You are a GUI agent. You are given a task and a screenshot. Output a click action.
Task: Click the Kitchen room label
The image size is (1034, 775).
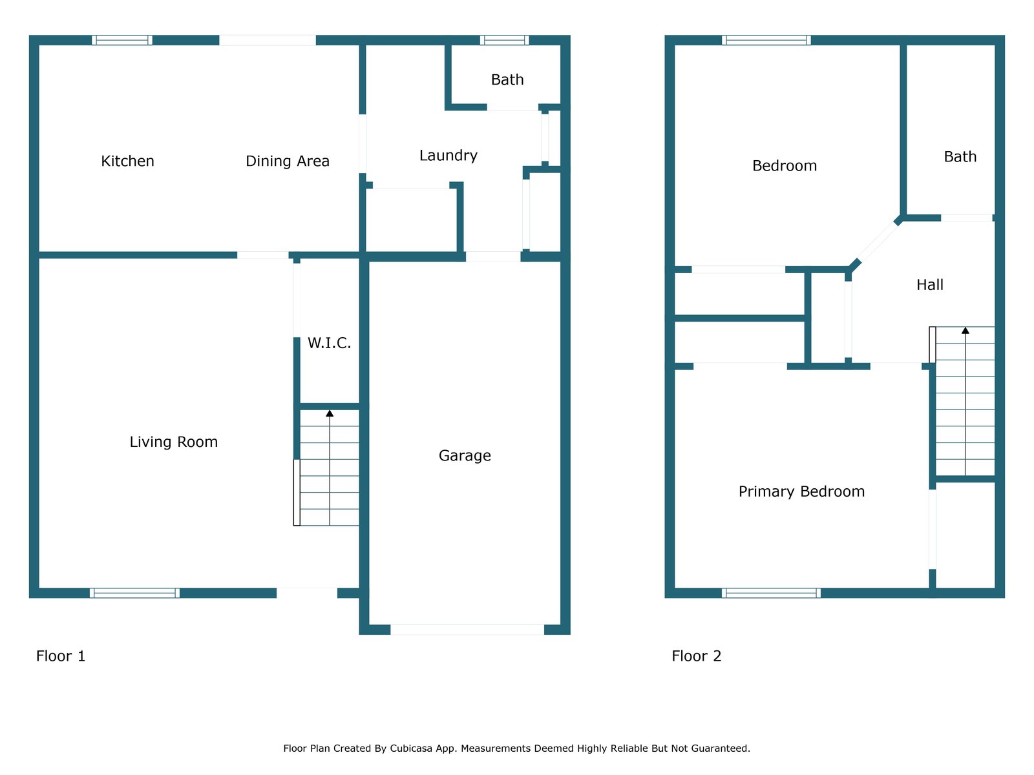point(127,161)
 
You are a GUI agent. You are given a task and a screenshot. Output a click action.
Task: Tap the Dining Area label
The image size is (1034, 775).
point(288,161)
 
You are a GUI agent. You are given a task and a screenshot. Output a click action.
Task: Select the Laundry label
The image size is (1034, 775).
point(448,155)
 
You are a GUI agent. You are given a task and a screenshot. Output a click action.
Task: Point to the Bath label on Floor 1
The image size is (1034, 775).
point(507,79)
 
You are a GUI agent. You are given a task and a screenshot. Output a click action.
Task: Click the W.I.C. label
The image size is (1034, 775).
point(329,343)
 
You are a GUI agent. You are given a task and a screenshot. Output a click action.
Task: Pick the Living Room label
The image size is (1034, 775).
point(173,442)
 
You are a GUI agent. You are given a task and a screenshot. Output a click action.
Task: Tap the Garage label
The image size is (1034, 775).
point(465,455)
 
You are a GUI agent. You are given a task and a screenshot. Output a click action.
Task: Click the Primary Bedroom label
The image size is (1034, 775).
point(801,491)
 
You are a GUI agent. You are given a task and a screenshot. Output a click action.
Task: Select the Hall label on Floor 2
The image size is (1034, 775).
point(930,285)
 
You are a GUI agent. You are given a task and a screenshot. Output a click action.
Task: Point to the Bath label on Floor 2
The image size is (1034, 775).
point(960,156)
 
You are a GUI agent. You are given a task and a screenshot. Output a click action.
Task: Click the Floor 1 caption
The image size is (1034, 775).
point(61,656)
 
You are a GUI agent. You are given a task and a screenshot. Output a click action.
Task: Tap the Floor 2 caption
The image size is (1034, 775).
point(696,656)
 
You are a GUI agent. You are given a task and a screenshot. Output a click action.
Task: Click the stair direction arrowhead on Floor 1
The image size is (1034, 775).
point(330,413)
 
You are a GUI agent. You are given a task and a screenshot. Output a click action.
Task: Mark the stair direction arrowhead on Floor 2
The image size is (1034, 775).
point(965,331)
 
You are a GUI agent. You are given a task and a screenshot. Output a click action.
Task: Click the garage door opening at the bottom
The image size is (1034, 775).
point(467,630)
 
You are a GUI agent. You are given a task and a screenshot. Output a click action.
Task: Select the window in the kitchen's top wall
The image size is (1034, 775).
point(122,40)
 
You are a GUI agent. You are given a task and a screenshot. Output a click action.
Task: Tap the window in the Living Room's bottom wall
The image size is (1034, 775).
point(134,593)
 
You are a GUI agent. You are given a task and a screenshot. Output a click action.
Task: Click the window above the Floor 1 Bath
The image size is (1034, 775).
point(504,40)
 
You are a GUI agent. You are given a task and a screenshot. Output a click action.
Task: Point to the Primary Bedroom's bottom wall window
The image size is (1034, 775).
point(771,593)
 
